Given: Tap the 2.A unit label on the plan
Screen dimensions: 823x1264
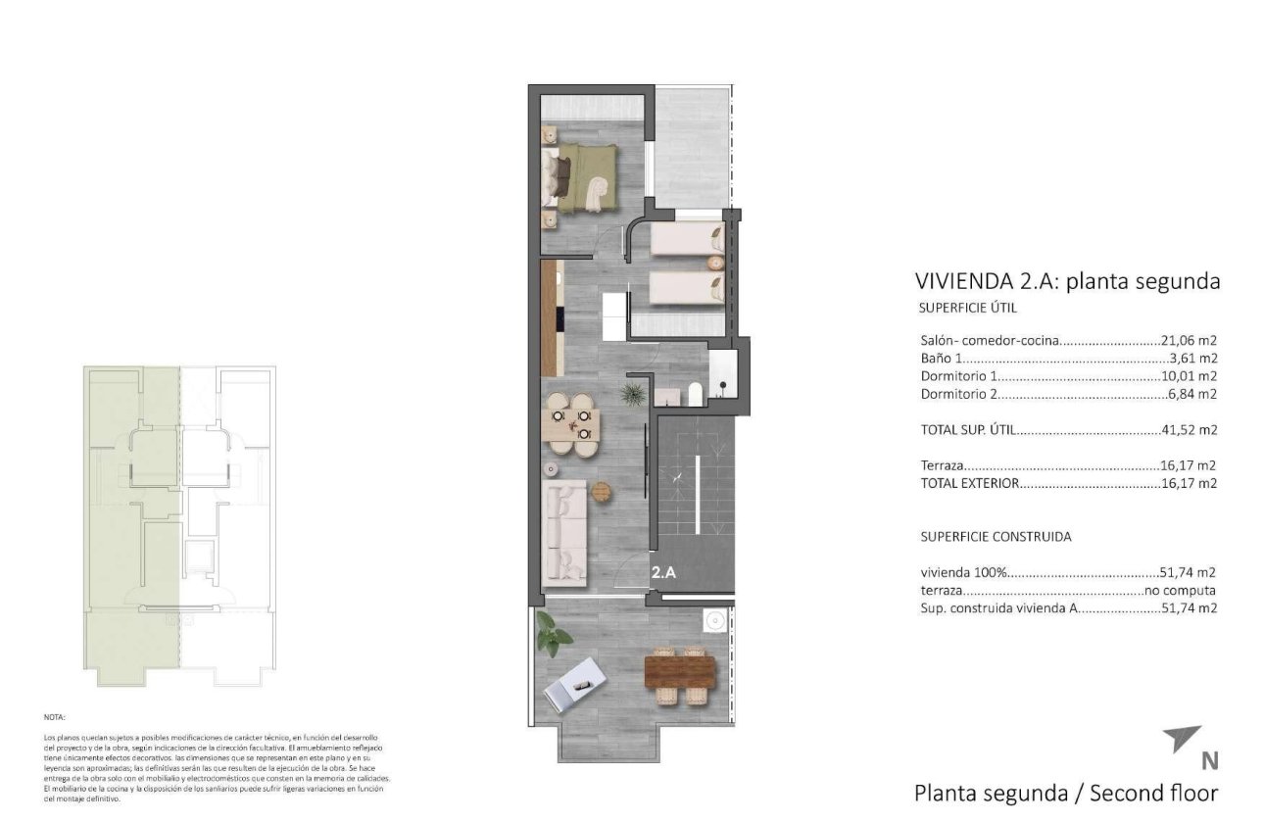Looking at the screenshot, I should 663,573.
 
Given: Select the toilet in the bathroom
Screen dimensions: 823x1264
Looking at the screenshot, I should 695,393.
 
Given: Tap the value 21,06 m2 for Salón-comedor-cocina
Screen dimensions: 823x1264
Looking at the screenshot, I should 1189,341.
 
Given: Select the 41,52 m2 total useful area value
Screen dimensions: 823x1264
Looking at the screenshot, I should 1189,430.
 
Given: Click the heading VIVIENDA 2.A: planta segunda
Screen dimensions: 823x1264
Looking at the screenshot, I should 1067,281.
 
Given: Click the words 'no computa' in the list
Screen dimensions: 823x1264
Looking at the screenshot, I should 1181,591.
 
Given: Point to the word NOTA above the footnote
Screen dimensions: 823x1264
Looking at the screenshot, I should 54,717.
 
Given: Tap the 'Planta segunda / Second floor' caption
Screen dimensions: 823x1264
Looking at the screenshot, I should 1065,793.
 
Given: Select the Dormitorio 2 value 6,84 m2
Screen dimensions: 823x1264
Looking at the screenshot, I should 1192,395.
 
